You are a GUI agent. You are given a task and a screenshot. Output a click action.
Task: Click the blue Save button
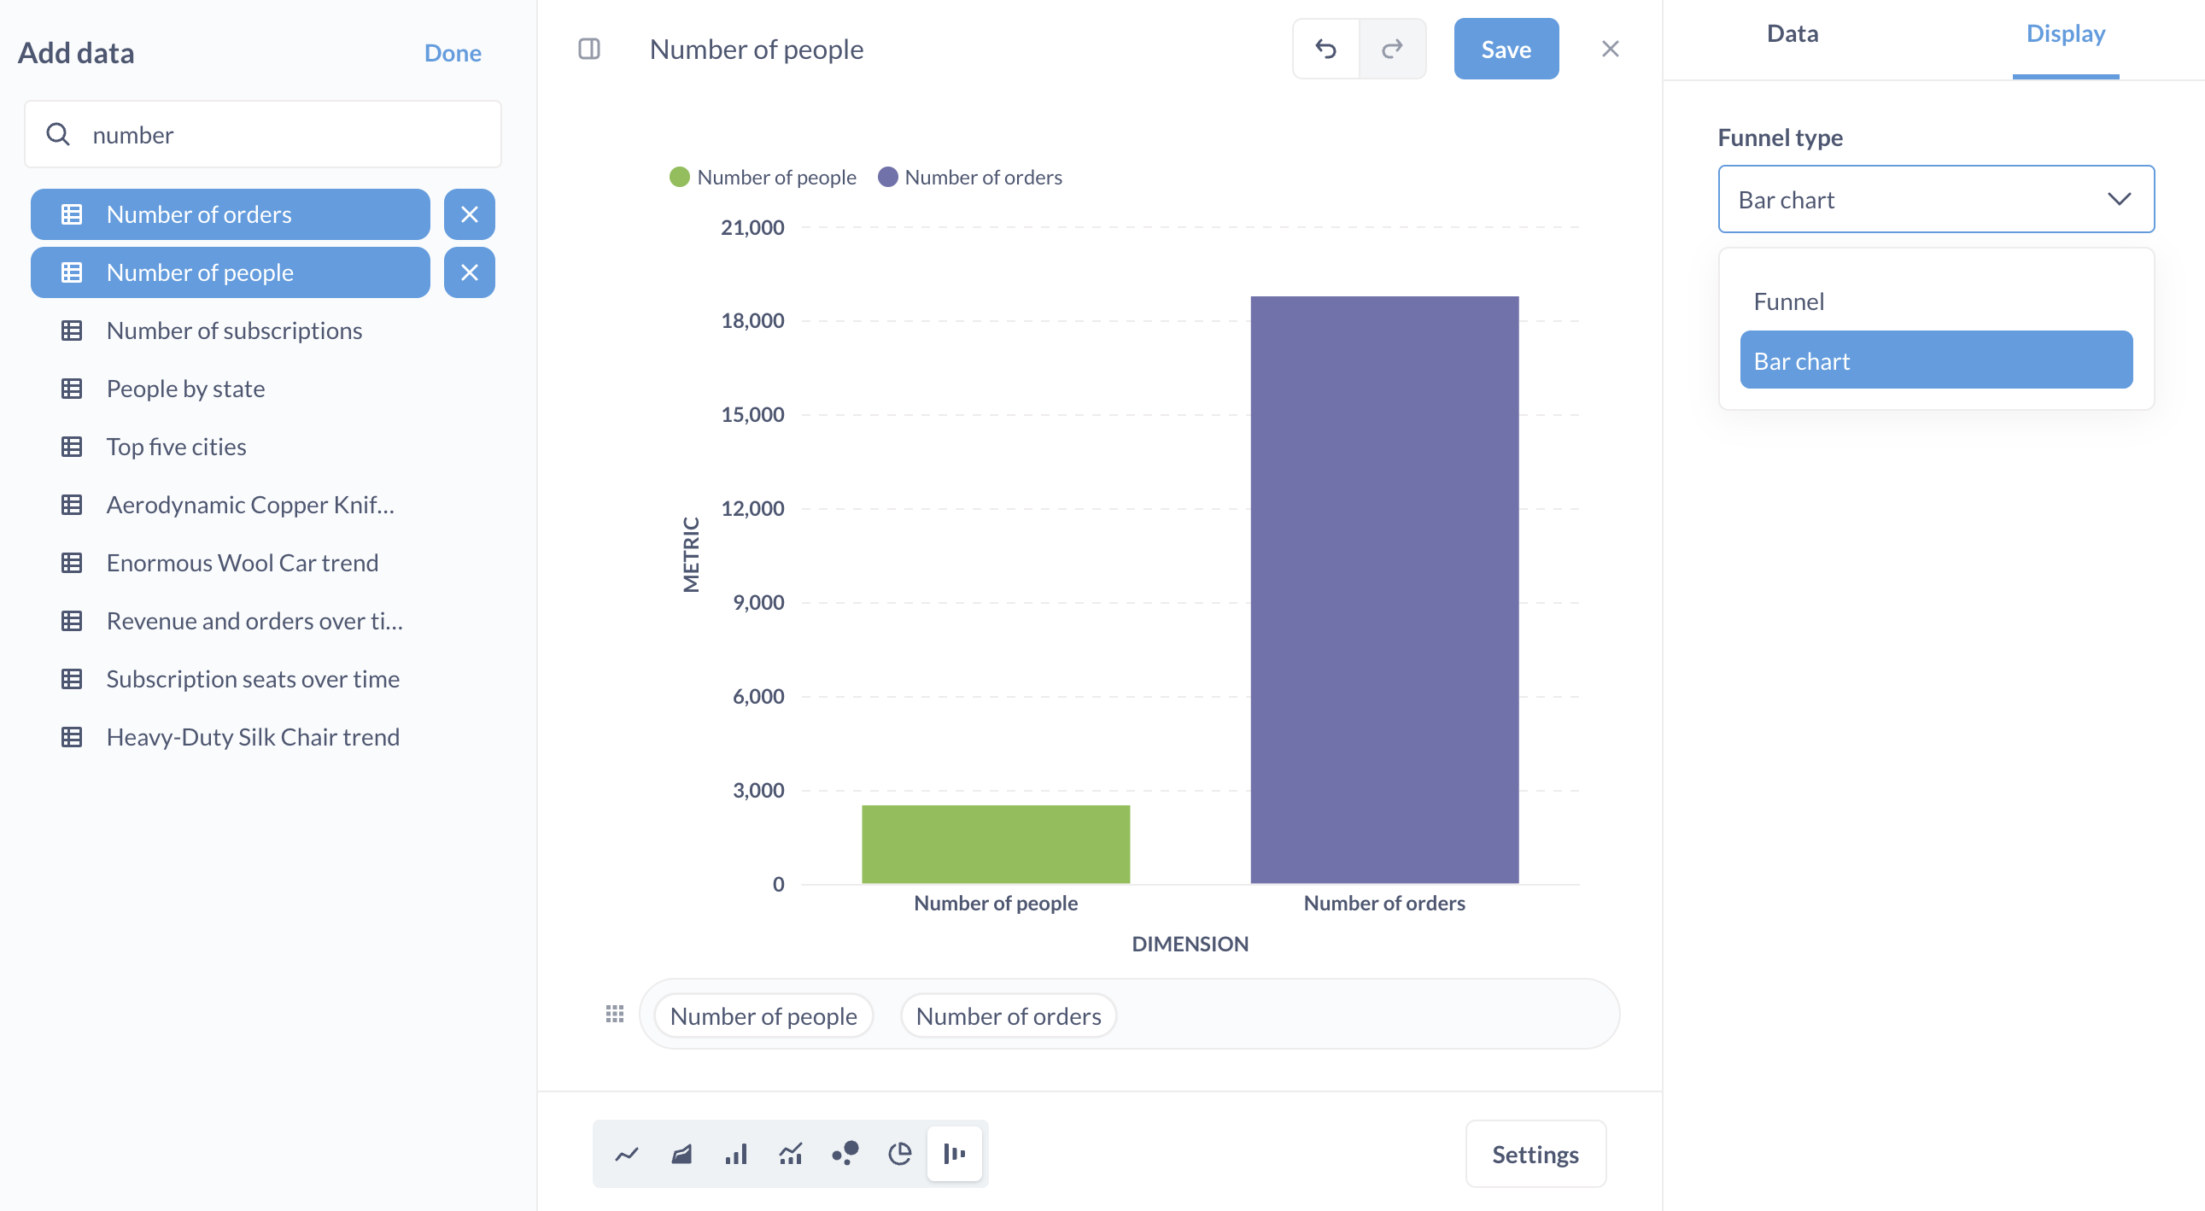click(1506, 50)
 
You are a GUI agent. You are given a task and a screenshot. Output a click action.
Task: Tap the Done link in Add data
click(452, 53)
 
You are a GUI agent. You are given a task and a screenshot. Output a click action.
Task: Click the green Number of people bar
click(996, 844)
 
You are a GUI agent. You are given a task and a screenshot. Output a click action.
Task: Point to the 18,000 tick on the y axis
click(752, 321)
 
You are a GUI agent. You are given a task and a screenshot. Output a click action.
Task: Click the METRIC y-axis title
click(692, 554)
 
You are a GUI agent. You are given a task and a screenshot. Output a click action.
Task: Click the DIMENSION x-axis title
click(1190, 944)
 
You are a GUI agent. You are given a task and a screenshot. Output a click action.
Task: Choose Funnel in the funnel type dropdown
click(1789, 301)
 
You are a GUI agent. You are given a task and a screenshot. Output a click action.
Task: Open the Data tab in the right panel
click(1793, 34)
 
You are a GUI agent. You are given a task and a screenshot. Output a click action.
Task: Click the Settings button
click(1535, 1155)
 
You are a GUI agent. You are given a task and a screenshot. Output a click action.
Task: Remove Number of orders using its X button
click(469, 215)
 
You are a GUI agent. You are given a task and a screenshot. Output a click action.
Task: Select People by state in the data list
click(186, 389)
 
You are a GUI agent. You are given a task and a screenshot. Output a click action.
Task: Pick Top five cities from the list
click(176, 448)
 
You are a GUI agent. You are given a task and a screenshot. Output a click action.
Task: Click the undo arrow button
click(1326, 50)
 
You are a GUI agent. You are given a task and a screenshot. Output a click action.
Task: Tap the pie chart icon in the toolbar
click(899, 1155)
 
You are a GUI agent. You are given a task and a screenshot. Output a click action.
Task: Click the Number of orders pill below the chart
click(1009, 1016)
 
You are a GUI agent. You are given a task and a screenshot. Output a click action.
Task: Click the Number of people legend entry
click(763, 177)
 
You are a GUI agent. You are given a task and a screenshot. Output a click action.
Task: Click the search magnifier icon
click(58, 134)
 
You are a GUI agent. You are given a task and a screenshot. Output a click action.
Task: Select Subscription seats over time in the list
click(253, 680)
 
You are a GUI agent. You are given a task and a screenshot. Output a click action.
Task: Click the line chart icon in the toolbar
click(627, 1155)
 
